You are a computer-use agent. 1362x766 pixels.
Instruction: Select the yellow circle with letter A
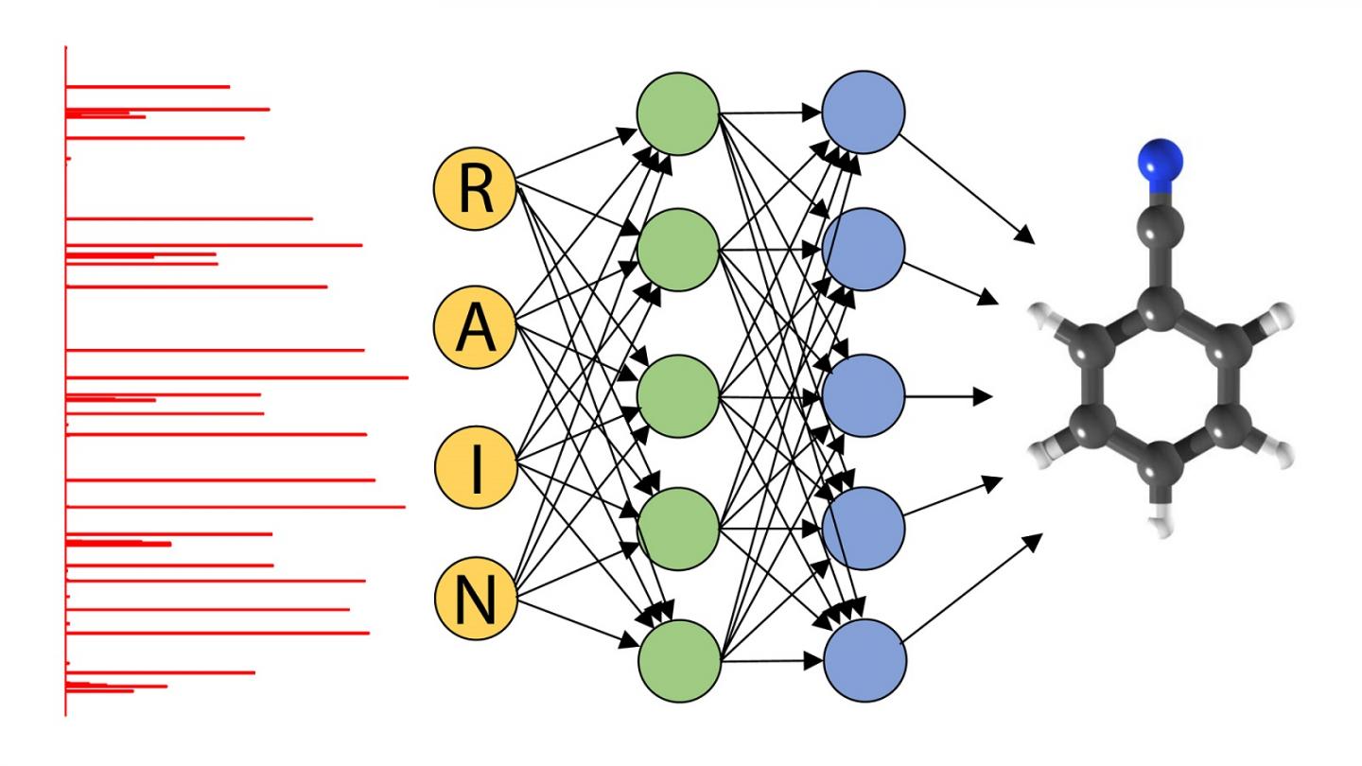[x=474, y=328]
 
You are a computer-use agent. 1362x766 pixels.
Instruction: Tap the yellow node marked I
[x=474, y=464]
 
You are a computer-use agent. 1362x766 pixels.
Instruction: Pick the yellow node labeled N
[x=474, y=600]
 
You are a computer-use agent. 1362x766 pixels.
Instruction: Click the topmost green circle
[x=677, y=113]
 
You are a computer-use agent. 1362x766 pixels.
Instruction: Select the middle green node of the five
[x=677, y=394]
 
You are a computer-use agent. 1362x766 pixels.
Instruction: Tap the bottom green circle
[x=677, y=660]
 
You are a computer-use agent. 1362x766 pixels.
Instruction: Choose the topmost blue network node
[x=863, y=113]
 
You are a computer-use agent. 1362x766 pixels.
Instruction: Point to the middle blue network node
[x=863, y=394]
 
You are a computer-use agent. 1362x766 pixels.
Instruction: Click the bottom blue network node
[x=863, y=660]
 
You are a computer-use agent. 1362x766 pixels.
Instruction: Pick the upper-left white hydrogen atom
[x=1043, y=315]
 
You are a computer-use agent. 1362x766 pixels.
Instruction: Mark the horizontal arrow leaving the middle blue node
[x=946, y=395]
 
